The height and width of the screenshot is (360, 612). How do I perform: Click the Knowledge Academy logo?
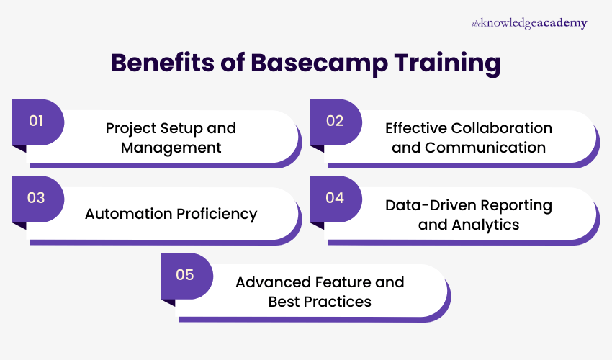pyautogui.click(x=528, y=23)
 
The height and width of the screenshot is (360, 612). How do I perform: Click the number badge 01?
pyautogui.click(x=37, y=121)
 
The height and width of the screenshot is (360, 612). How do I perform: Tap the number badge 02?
pyautogui.click(x=335, y=121)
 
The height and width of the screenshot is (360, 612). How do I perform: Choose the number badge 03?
pyautogui.click(x=37, y=198)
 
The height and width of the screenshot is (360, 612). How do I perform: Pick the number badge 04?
pyautogui.click(x=335, y=198)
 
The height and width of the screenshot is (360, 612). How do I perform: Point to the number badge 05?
pyautogui.click(x=186, y=275)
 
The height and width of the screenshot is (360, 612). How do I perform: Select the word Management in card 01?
pyautogui.click(x=171, y=148)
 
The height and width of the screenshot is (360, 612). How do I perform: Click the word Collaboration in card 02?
pyautogui.click(x=502, y=128)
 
